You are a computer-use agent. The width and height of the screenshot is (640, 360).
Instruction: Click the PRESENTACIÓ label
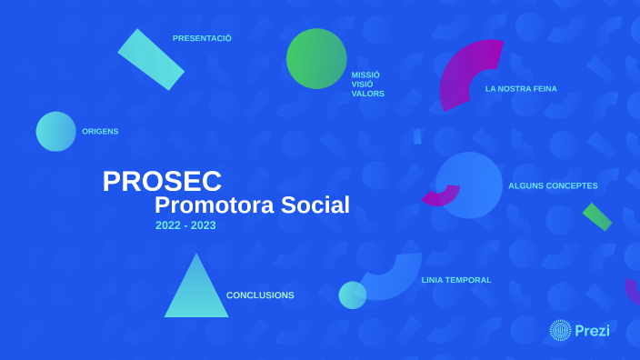(202, 38)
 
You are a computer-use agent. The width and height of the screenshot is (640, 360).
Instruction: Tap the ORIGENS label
(100, 131)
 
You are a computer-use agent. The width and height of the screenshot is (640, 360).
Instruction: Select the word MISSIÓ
(365, 75)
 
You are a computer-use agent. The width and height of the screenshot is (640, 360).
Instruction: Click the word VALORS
(368, 94)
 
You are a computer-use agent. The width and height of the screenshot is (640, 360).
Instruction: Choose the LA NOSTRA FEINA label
(521, 88)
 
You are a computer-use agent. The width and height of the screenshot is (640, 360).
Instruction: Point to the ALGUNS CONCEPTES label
(553, 185)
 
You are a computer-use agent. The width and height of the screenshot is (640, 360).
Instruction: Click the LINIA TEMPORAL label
(455, 280)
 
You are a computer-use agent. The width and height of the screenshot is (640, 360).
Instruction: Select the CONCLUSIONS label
(260, 295)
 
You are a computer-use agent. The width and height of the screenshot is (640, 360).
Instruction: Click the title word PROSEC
(162, 181)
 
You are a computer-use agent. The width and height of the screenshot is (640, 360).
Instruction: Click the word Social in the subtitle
(315, 205)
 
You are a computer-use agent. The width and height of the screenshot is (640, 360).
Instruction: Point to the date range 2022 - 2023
(185, 225)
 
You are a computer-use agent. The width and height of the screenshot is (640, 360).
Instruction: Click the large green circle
(316, 58)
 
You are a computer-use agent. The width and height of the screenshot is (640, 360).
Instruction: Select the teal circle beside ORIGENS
(56, 131)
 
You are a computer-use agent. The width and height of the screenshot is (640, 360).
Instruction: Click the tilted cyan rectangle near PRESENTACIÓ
(151, 59)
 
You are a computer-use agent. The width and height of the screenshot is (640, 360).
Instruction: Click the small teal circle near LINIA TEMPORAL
(353, 295)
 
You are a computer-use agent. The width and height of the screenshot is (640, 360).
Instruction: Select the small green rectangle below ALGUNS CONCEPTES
(597, 216)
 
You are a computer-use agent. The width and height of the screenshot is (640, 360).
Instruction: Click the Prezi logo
(580, 331)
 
